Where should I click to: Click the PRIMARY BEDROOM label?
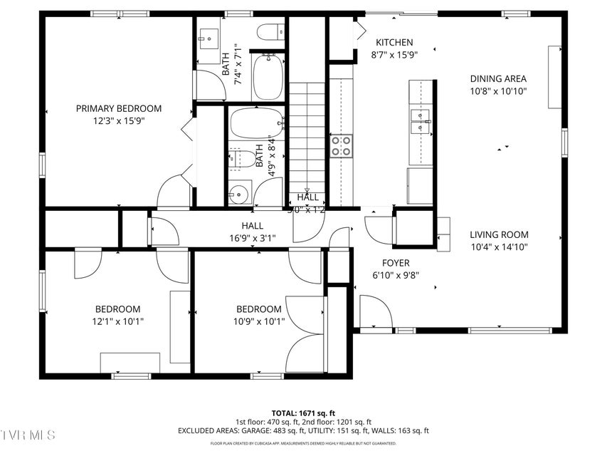[119, 108]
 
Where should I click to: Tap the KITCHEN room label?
[394, 43]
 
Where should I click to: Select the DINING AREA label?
[498, 79]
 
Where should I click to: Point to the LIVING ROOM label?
[499, 234]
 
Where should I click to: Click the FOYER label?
[395, 263]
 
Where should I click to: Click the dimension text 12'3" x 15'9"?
[119, 120]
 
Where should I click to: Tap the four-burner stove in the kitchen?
[342, 146]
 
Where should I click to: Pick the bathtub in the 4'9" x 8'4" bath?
[257, 123]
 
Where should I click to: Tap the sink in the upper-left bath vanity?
[209, 36]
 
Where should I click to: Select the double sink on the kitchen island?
[421, 123]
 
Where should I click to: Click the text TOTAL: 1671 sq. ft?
[303, 413]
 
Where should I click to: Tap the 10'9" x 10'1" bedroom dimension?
[258, 321]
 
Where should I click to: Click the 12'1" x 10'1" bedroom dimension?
[118, 321]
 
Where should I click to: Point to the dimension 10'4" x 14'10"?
[499, 247]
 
